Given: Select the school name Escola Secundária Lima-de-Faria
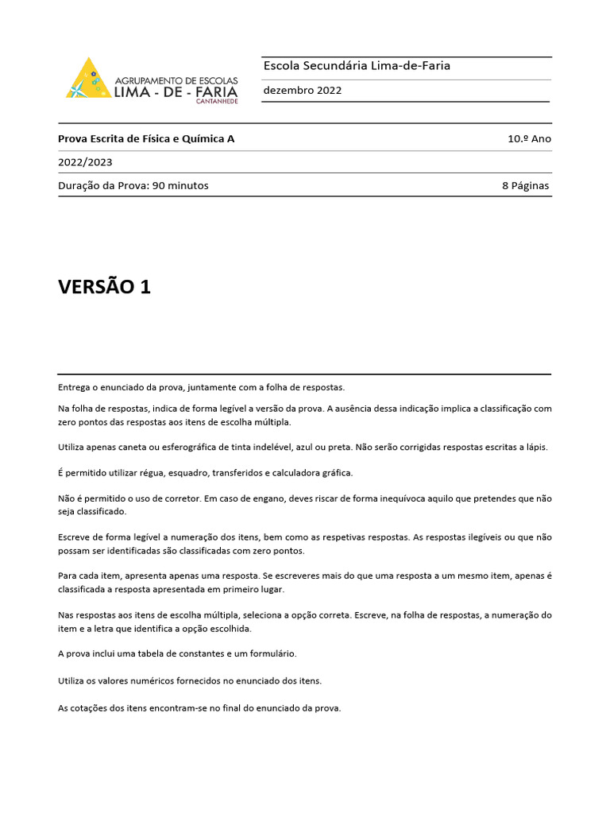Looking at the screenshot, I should coord(357,66).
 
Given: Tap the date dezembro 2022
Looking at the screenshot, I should coord(303,91).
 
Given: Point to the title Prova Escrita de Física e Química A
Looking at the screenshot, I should coord(146,138).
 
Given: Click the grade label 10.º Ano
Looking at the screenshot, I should coord(529,138).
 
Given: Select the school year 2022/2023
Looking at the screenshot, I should coord(85,162).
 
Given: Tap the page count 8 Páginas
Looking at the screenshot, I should coord(525,186).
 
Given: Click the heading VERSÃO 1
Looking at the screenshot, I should coord(104,287).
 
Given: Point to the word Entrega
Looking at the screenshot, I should coord(75,387).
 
